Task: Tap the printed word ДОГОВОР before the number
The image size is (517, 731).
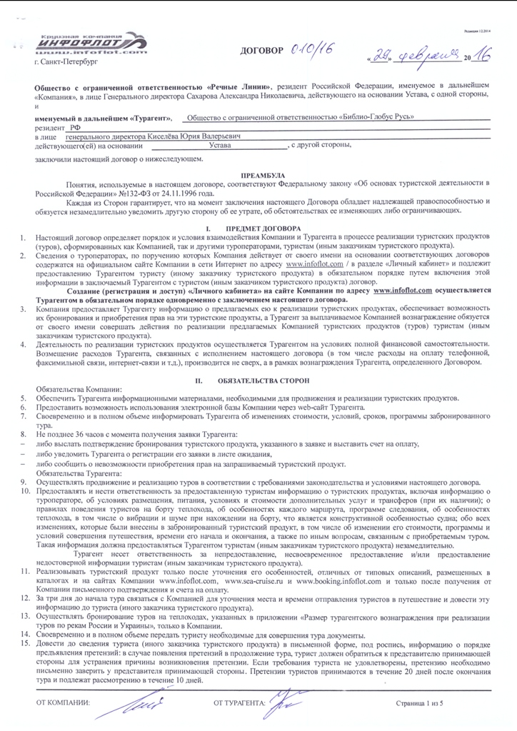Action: (263, 51)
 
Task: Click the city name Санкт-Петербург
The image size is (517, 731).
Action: (69, 63)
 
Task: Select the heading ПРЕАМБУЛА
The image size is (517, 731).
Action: (263, 174)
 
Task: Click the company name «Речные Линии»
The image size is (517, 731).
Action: (244, 84)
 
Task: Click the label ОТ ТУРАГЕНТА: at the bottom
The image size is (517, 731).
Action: (240, 704)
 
